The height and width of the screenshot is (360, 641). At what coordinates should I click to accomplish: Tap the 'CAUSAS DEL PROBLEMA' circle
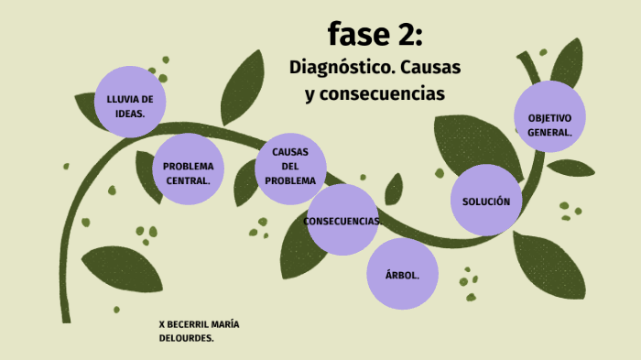pyautogui.click(x=290, y=166)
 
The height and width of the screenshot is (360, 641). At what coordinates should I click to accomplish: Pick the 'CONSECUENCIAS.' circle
pyautogui.click(x=342, y=220)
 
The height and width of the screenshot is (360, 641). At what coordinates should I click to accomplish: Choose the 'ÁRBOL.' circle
pyautogui.click(x=403, y=273)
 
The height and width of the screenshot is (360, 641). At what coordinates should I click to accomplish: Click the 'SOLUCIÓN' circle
pyautogui.click(x=485, y=200)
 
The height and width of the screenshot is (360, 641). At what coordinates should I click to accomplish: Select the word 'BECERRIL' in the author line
pyautogui.click(x=190, y=324)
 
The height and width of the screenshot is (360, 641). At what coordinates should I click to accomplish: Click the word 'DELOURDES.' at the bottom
pyautogui.click(x=187, y=338)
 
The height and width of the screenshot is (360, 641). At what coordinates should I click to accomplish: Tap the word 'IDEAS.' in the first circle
pyautogui.click(x=130, y=113)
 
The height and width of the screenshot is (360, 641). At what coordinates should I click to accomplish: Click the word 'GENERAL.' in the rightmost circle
pyautogui.click(x=549, y=132)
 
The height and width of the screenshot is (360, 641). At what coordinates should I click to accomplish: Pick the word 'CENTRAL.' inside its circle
pyautogui.click(x=188, y=180)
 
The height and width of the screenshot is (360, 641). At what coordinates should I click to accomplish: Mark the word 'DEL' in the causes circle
pyautogui.click(x=290, y=166)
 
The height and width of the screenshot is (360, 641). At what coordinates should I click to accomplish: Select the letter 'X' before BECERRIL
pyautogui.click(x=162, y=324)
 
